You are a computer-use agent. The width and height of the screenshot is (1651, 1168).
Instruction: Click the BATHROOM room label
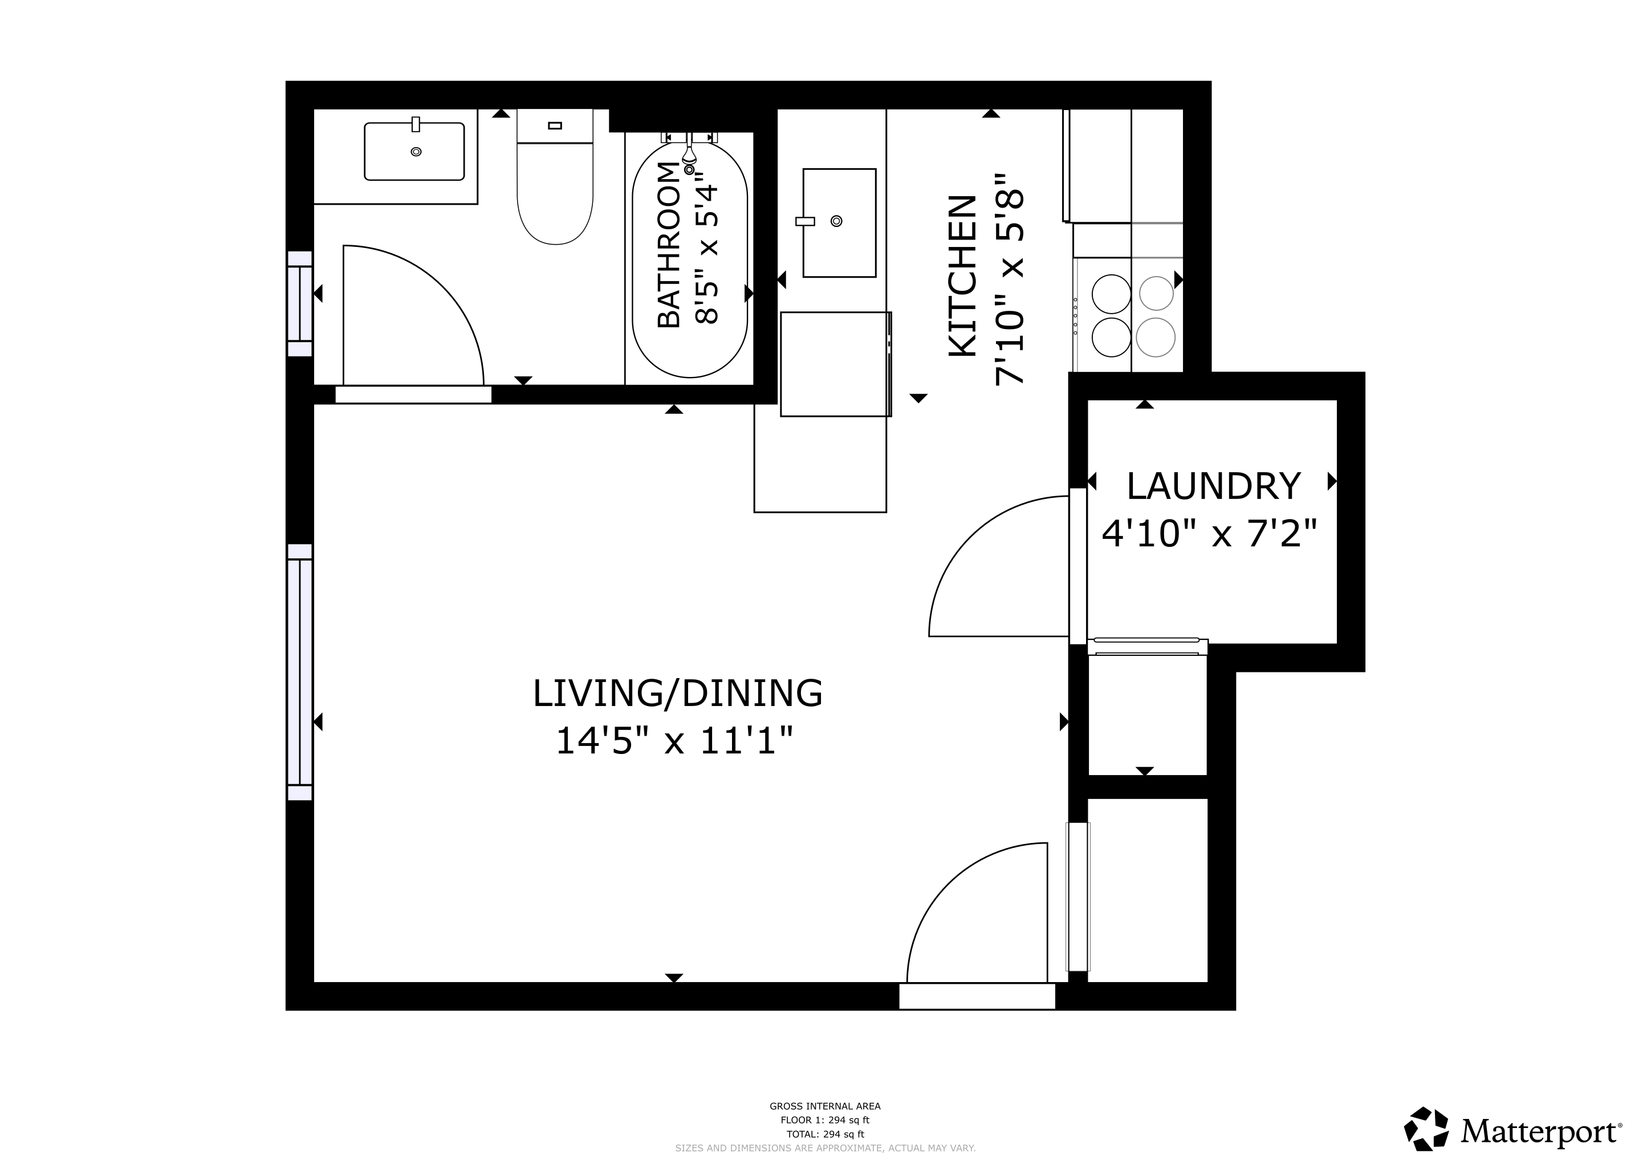click(669, 245)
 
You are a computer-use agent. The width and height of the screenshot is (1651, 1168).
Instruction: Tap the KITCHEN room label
click(963, 275)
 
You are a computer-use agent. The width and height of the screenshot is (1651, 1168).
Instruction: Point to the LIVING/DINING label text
click(677, 693)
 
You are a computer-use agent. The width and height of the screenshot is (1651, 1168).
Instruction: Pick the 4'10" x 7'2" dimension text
click(1210, 534)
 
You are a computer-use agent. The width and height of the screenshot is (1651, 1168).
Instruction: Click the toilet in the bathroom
click(555, 177)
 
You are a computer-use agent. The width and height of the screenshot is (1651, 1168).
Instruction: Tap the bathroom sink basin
click(414, 151)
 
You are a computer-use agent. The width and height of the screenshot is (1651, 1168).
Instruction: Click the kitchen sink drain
click(836, 221)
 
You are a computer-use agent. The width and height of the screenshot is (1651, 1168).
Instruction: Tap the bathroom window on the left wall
click(300, 303)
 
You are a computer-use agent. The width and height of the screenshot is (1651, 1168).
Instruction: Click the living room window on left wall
click(300, 672)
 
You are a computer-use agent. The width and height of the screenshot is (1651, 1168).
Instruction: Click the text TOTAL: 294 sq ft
click(825, 1134)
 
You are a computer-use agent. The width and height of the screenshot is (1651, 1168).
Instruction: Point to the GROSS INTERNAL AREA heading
click(825, 1106)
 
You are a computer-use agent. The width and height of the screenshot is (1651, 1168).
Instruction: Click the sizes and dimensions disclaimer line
click(825, 1149)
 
